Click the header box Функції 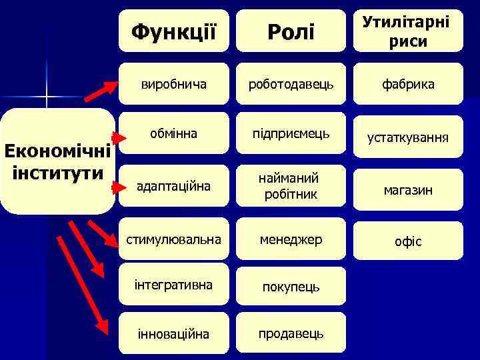(x=173, y=31)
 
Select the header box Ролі (x=291, y=31)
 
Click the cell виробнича (x=173, y=84)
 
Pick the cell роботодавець (x=291, y=84)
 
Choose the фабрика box (x=408, y=84)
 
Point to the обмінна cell (x=173, y=133)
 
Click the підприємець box (x=291, y=133)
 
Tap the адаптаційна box (x=173, y=186)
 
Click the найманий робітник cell (x=291, y=186)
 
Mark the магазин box (x=408, y=190)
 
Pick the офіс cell (x=408, y=241)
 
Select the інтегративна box (x=173, y=285)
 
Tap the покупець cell (x=291, y=287)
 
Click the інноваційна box (x=173, y=333)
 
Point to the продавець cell (x=291, y=333)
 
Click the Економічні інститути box (x=57, y=161)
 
